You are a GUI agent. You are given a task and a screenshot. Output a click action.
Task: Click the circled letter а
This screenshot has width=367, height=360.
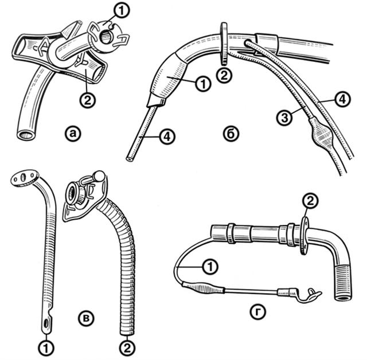point(73,134)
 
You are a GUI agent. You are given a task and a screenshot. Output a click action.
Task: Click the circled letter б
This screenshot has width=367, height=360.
point(231,134)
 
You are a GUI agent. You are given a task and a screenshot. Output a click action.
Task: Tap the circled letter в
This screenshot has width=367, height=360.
point(87,319)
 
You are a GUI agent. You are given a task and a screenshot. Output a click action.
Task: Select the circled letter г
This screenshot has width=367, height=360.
point(258,312)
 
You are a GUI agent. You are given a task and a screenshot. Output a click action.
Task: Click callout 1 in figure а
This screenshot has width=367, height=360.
point(121,10)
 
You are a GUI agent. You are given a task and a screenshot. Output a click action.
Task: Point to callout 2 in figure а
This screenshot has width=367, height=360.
point(87,100)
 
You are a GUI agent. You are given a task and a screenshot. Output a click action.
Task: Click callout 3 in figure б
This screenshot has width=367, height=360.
point(284,118)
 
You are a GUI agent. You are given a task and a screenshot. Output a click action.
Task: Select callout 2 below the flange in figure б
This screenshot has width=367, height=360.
point(224,75)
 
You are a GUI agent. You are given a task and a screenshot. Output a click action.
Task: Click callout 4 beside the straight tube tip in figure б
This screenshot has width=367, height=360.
point(167,136)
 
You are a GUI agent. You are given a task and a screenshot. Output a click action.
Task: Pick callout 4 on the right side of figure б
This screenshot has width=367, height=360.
point(342,99)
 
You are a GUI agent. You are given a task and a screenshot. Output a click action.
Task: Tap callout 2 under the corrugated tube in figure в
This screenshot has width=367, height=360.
point(127,349)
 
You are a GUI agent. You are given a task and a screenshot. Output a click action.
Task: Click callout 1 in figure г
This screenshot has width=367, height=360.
point(210,267)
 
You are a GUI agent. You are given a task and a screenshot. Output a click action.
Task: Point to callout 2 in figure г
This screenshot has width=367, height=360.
point(310,201)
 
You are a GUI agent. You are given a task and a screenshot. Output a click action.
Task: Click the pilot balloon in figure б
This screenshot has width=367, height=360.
point(321,133)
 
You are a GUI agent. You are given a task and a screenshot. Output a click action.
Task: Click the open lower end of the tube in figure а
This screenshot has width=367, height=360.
point(26,135)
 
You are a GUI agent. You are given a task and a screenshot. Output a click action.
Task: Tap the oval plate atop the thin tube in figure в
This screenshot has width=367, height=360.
point(25,178)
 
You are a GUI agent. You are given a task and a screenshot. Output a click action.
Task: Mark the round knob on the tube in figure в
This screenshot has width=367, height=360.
point(99,175)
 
